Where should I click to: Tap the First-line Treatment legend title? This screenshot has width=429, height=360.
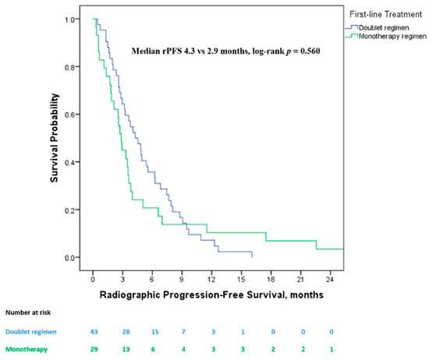tap(386, 14)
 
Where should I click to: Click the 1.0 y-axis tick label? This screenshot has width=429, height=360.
tap(69, 19)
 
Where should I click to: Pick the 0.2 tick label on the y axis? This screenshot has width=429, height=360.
tap(69, 210)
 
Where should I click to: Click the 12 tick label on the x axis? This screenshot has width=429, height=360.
tap(211, 280)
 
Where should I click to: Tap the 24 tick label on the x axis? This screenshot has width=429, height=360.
tap(330, 280)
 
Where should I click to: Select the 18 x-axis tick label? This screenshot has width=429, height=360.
tap(271, 280)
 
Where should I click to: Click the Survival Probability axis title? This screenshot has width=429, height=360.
tap(54, 138)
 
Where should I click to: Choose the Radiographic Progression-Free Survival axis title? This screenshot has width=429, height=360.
tap(211, 295)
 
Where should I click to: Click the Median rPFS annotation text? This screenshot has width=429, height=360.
tap(225, 51)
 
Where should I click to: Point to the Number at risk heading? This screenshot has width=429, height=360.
tap(28, 312)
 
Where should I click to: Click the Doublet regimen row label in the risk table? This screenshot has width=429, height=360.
tap(31, 332)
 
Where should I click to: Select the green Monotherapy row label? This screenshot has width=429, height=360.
tap(27, 349)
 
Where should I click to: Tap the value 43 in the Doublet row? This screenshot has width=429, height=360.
tap(94, 332)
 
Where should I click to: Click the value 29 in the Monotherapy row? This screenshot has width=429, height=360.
tap(94, 349)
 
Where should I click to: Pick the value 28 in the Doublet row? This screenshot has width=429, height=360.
tap(126, 332)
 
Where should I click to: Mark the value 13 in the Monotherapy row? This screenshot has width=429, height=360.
tap(126, 349)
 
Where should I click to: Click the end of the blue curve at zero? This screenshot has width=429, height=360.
tap(252, 257)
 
